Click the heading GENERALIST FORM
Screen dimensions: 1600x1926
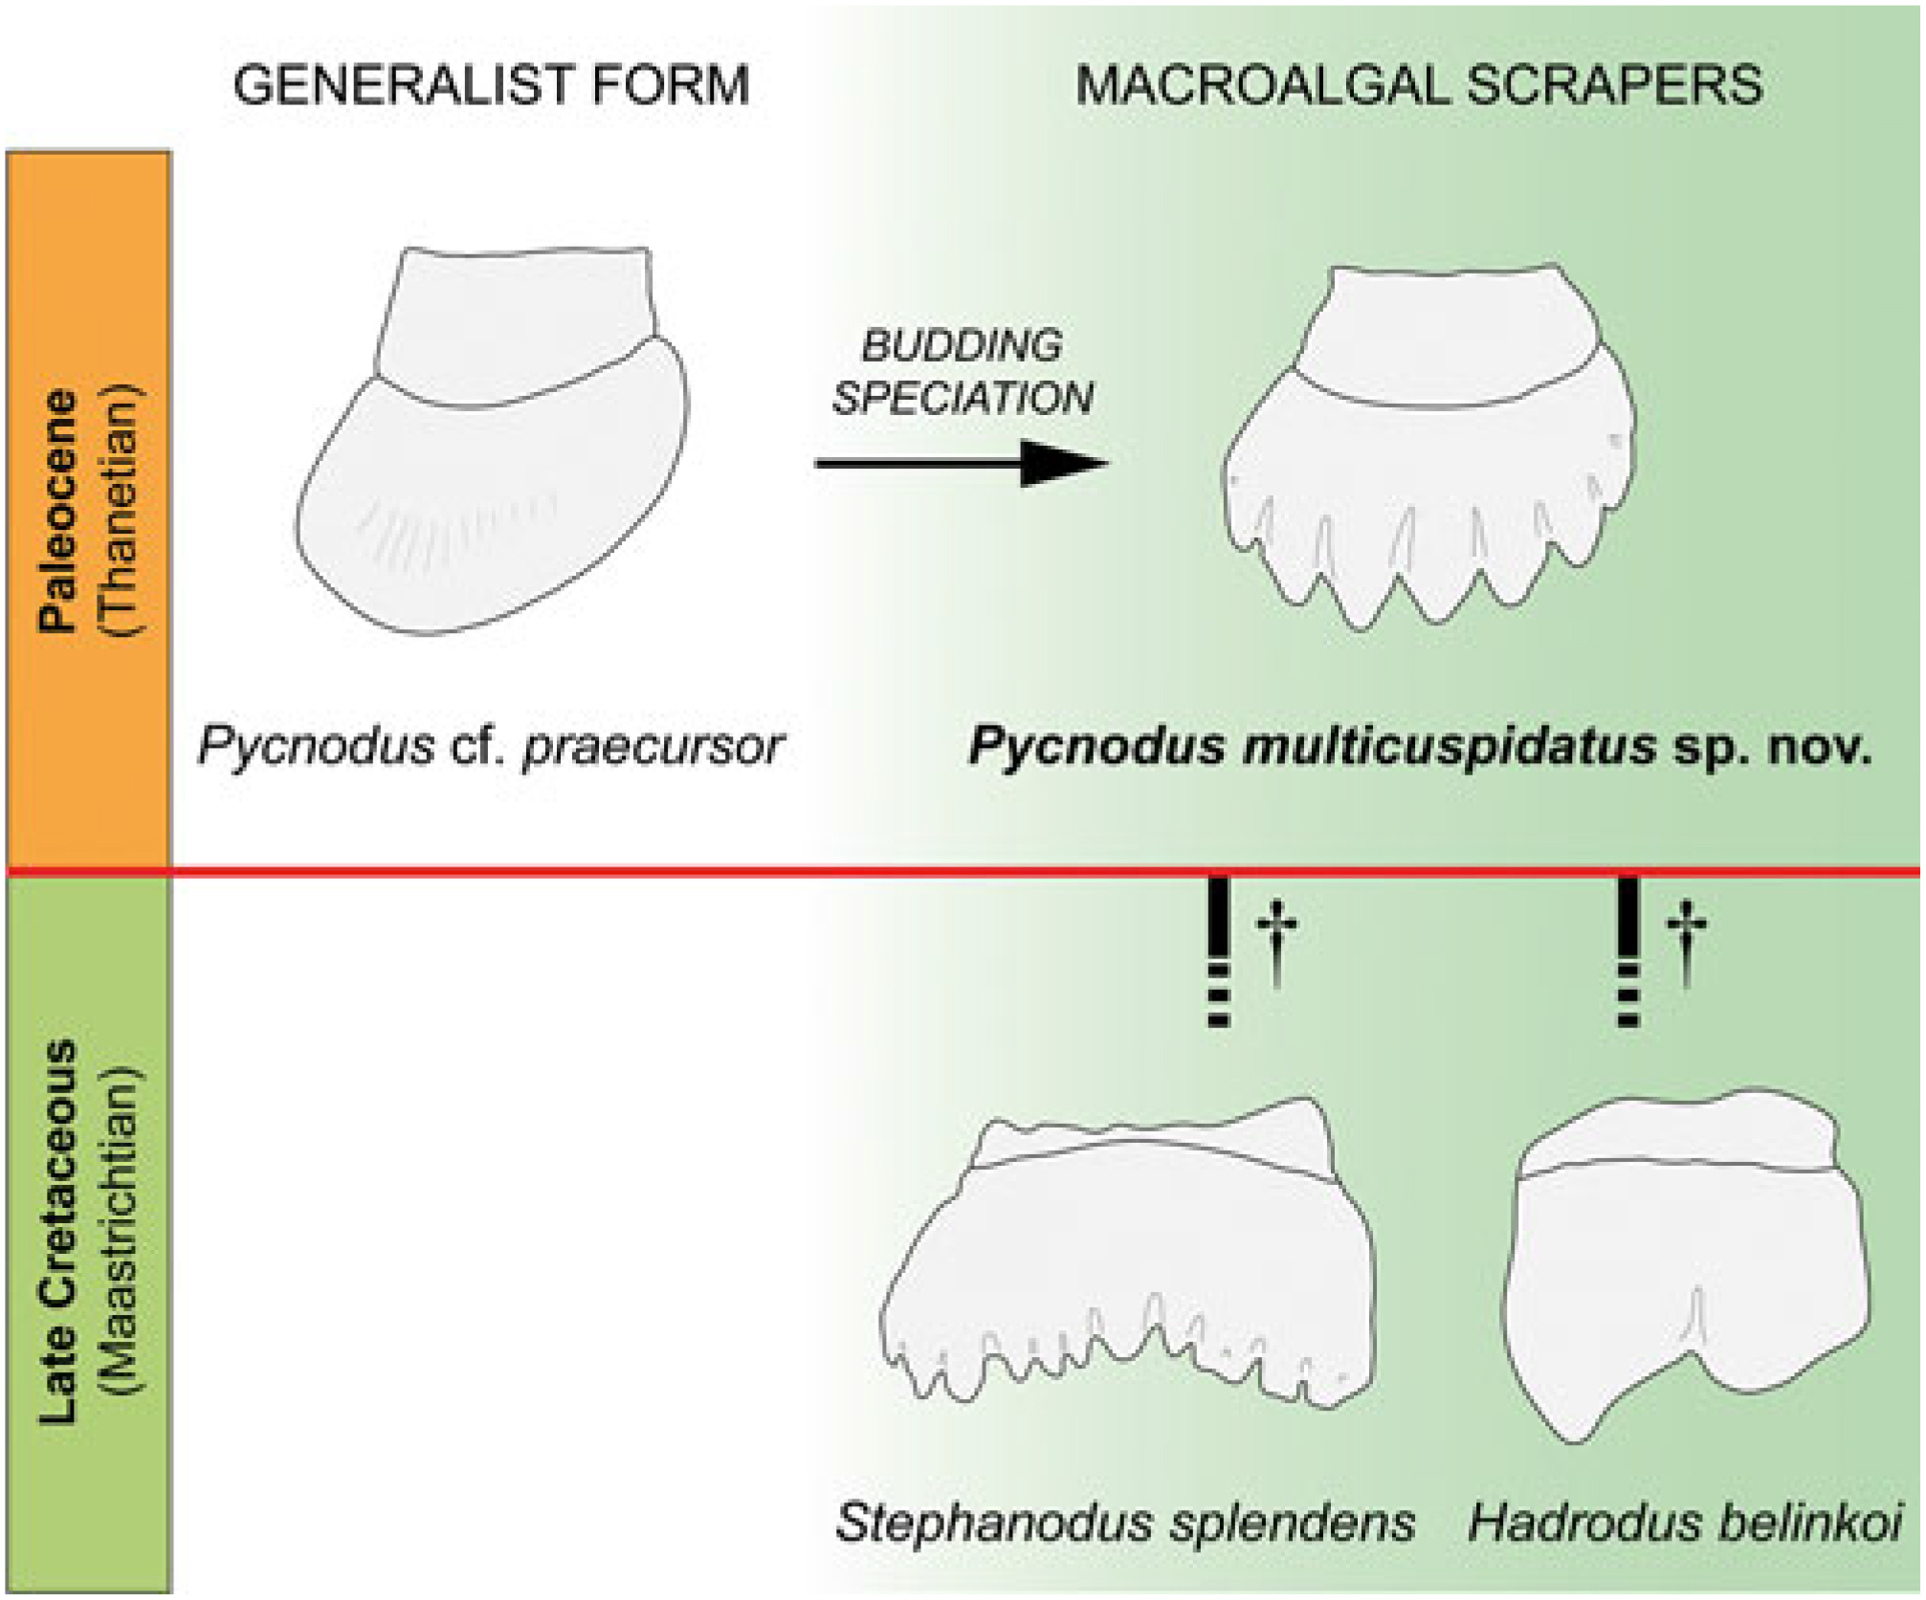(x=491, y=85)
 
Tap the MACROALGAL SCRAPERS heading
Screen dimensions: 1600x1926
(x=1418, y=85)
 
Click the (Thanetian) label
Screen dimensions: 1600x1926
(x=121, y=510)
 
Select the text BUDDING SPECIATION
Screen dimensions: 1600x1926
(x=962, y=371)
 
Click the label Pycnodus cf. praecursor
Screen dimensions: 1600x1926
(x=491, y=747)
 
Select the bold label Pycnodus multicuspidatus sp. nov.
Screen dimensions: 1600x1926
(x=1420, y=747)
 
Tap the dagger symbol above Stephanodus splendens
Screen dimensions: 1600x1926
(x=1276, y=942)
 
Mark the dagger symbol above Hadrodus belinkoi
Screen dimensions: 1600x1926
(x=1686, y=942)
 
